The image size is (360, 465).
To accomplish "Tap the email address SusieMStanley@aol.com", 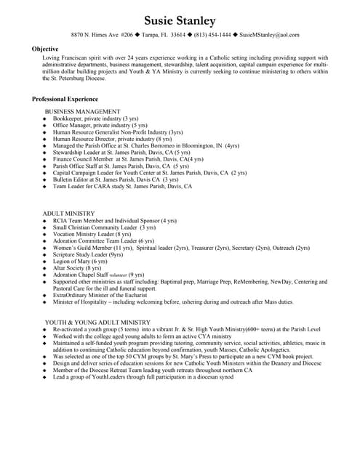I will [x=269, y=35].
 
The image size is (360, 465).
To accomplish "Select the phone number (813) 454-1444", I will [x=211, y=35].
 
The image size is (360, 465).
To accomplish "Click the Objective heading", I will [x=45, y=49].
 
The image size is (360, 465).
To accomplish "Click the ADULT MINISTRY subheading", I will [x=68, y=214].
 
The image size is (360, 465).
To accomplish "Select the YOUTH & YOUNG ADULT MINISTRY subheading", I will [x=97, y=322].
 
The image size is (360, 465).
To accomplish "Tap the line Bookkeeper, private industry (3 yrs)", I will [x=95, y=118].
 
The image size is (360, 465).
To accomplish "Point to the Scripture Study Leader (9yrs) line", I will [x=88, y=254].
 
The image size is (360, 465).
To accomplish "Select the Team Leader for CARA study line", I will [x=122, y=186].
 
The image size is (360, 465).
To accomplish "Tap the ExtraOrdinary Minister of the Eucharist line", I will [x=106, y=295].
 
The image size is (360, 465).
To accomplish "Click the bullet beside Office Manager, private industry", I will [x=44, y=126].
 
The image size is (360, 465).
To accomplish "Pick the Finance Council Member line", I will [x=128, y=159].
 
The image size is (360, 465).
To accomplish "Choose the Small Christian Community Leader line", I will [x=99, y=227].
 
